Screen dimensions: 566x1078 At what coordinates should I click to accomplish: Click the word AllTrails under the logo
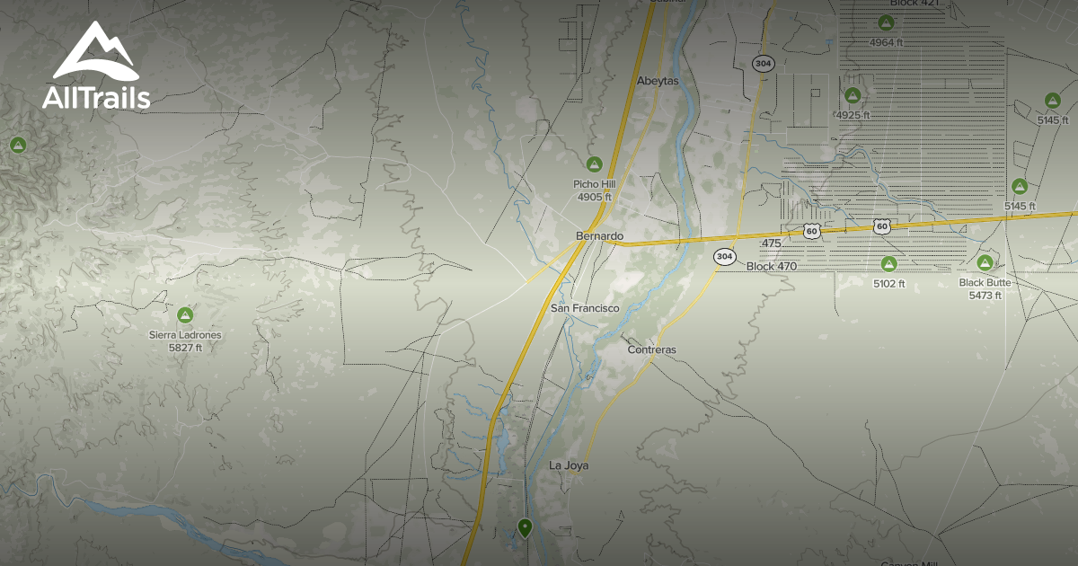pos(96,98)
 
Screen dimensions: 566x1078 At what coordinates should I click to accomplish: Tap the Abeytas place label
pos(658,81)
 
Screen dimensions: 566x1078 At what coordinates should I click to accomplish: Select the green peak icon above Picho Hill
pos(593,164)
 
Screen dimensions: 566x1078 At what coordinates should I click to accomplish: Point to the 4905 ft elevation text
pos(594,197)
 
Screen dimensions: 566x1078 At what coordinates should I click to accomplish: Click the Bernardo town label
pos(599,236)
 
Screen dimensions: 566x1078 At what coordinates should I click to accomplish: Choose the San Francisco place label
pos(585,308)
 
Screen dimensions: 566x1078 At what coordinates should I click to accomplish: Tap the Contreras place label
pos(652,349)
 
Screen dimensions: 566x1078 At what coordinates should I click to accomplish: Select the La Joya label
pos(568,465)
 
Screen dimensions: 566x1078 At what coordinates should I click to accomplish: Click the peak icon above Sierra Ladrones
pos(185,314)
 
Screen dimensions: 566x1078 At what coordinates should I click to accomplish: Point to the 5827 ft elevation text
pos(185,347)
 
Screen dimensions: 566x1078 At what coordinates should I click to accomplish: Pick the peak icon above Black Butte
pos(985,262)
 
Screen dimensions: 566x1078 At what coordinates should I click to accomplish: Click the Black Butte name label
pos(985,283)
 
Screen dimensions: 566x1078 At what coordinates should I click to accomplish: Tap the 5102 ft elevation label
pos(888,284)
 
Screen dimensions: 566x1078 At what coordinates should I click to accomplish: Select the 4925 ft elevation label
pos(853,116)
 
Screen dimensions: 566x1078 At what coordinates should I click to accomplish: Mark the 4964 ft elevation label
pos(886,42)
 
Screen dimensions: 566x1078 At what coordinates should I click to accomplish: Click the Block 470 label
pos(771,267)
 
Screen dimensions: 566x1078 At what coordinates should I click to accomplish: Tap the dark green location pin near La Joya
pos(525,527)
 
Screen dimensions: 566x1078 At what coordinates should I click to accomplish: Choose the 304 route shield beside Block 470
pos(724,257)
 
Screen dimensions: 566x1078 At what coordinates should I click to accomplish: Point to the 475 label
pos(771,243)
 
